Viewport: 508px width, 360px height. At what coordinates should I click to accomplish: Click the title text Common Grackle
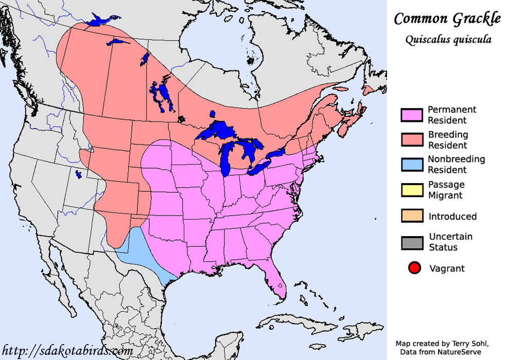[x=447, y=19]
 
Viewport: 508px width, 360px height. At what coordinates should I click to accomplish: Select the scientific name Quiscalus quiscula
[x=447, y=40]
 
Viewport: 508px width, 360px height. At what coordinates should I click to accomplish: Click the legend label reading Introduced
[x=452, y=217]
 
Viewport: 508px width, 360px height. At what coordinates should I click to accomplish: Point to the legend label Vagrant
[x=447, y=268]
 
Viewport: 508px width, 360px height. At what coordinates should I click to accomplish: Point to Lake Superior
[x=216, y=131]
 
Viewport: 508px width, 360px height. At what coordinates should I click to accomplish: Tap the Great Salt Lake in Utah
[x=78, y=174]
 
